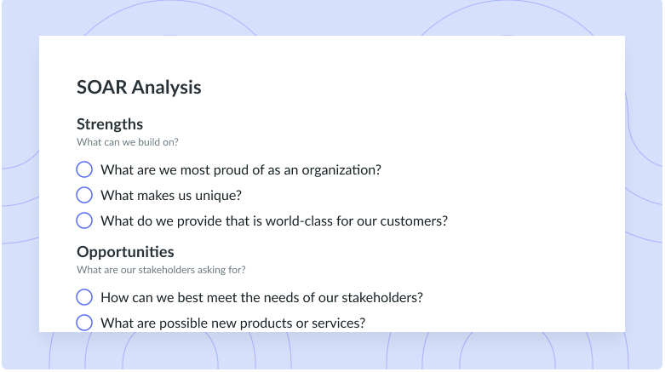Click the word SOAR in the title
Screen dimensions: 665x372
click(102, 87)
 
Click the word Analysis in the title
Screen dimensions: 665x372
click(166, 88)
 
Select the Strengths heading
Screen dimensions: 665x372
click(110, 124)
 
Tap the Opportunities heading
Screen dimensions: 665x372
click(125, 252)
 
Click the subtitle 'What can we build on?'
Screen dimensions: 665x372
click(127, 142)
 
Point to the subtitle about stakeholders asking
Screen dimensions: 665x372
click(161, 270)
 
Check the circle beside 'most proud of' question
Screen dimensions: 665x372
click(84, 169)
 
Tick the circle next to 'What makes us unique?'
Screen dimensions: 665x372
click(84, 195)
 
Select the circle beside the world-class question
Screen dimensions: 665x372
click(84, 220)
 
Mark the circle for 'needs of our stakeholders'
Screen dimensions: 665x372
click(84, 297)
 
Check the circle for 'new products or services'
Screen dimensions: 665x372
click(84, 323)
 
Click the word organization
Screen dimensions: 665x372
click(341, 170)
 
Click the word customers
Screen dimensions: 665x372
click(414, 221)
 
